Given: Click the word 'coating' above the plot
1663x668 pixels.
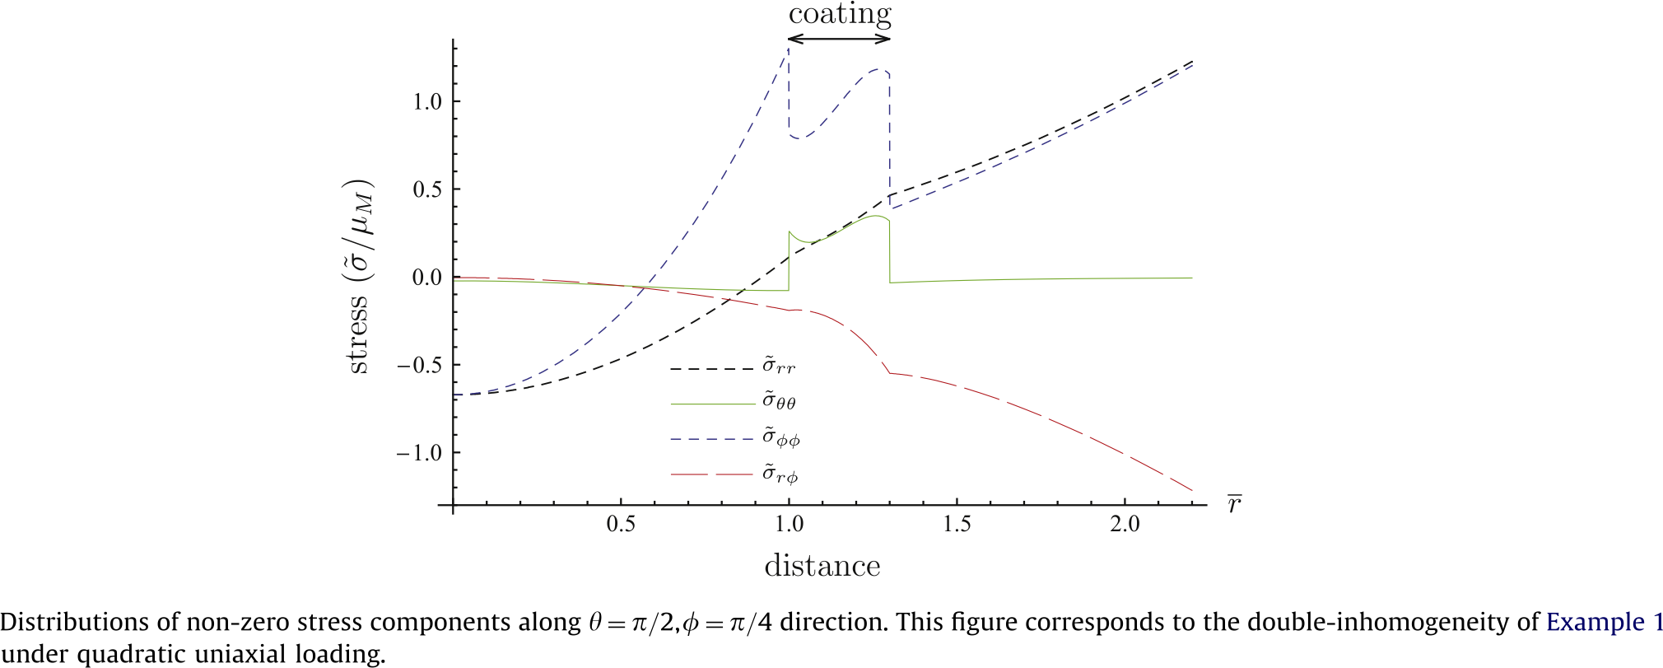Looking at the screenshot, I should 840,15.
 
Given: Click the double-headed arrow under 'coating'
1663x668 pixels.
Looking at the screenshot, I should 840,38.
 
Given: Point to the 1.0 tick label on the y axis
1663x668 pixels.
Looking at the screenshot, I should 427,101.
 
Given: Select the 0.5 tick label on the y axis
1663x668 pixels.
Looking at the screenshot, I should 427,189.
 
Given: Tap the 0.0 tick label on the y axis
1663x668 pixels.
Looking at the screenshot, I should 427,278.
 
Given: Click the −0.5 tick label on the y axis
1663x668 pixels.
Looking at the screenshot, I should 419,365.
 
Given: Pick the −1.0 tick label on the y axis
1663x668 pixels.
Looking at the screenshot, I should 419,453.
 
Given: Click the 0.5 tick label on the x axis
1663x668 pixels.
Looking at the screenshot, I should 621,525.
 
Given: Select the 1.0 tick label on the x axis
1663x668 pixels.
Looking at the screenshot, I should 789,525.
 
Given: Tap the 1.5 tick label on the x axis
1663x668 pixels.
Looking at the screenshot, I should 957,525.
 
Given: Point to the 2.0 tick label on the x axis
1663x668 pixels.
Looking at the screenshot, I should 1125,525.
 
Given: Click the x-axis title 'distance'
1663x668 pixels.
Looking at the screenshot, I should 822,567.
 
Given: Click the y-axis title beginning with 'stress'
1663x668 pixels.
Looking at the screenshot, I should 359,276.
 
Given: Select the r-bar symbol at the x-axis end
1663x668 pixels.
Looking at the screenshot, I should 1234,504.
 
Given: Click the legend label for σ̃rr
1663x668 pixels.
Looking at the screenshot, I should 778,366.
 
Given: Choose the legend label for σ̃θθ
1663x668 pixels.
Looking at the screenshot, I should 779,402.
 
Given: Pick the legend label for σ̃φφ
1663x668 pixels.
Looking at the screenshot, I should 780,438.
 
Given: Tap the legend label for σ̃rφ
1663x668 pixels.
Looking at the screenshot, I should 780,474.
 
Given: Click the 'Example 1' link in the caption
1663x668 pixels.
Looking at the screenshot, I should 1605,622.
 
